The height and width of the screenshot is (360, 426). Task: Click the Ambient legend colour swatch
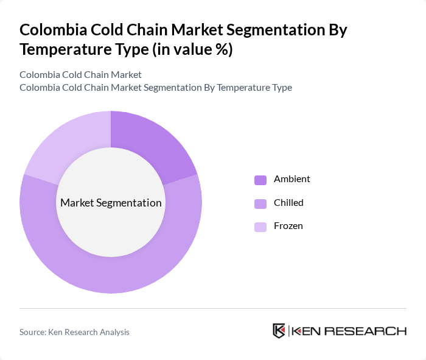[x=260, y=180]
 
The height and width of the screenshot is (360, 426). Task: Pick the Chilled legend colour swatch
[x=260, y=203]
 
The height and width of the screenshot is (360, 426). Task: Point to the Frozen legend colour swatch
[x=260, y=227]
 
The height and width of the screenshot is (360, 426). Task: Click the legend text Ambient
[x=292, y=179]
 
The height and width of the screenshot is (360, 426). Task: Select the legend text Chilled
[x=288, y=202]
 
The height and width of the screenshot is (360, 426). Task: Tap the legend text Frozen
[x=288, y=226]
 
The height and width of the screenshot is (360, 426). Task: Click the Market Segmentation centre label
[x=111, y=203]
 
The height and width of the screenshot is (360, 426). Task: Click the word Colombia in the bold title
[x=52, y=30]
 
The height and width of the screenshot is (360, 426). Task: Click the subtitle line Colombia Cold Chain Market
[x=80, y=75]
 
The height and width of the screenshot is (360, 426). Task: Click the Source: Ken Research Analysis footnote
[x=74, y=332]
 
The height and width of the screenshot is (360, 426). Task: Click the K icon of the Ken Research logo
[x=279, y=331]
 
